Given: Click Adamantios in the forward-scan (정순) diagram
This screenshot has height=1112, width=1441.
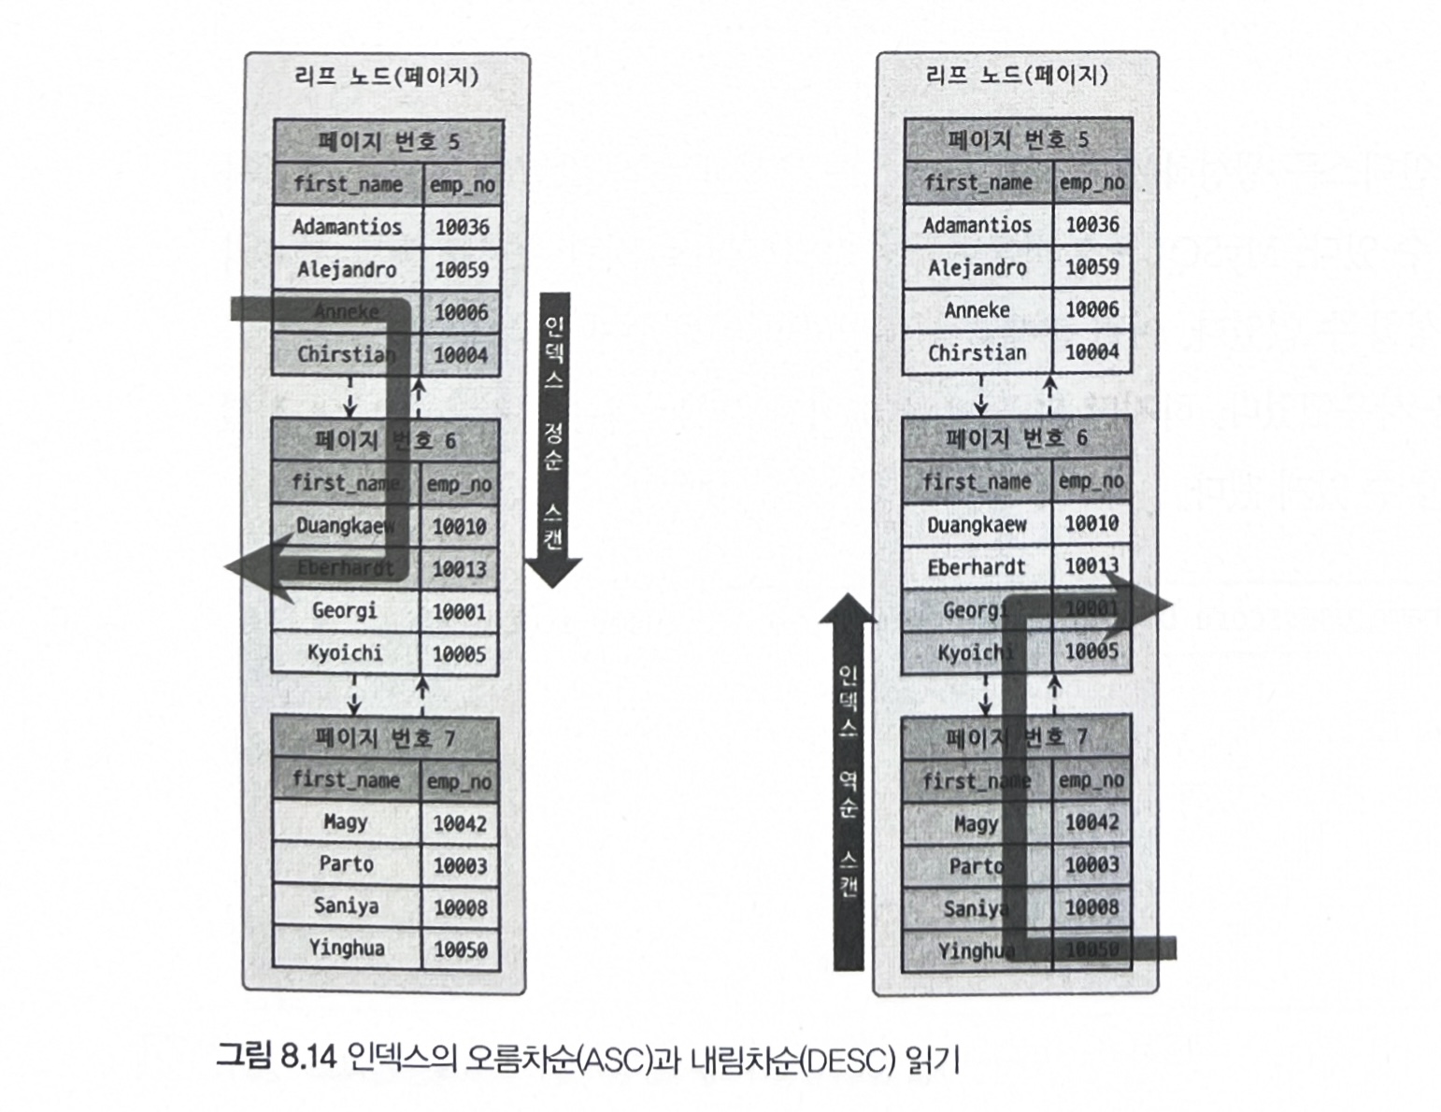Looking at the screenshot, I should coord(347,227).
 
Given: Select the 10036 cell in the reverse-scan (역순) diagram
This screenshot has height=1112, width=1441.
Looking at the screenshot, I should coord(1091,224).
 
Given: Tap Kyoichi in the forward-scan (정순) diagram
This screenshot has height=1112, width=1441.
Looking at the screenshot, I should coord(345,653).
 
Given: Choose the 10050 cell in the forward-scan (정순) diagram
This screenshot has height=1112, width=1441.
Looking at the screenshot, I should coord(460,949).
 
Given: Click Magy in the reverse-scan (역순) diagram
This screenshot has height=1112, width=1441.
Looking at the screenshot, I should coord(976,823).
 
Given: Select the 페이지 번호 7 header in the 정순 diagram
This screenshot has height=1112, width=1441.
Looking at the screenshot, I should coord(385,739).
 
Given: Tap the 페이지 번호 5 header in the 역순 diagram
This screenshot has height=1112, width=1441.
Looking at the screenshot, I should coord(1017,140).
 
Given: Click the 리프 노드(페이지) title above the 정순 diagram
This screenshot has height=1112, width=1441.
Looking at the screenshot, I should coord(386,76).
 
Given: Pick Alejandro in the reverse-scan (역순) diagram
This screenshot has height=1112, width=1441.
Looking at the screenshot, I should coord(977,267).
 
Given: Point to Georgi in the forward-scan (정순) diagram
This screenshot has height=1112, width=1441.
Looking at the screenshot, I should coord(344,611).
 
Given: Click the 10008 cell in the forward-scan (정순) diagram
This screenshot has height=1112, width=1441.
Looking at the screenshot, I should coord(460,907).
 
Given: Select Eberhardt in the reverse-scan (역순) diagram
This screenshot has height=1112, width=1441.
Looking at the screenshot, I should coord(976,567).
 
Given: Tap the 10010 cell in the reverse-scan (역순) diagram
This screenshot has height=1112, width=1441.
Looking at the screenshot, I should coord(1091,523).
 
